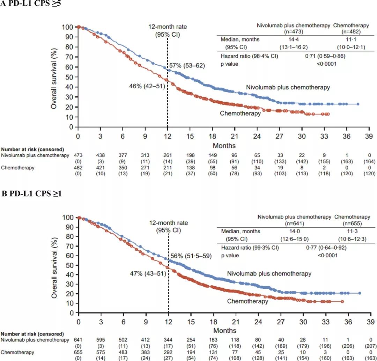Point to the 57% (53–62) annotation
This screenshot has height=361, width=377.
click(187, 66)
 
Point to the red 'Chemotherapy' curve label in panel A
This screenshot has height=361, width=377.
click(240, 113)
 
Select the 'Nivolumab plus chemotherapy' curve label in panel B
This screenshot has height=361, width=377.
click(269, 274)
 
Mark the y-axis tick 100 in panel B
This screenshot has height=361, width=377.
click(68, 218)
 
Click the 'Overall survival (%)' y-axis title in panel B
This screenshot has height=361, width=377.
click(55, 266)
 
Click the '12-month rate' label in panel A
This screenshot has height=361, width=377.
click(168, 27)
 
